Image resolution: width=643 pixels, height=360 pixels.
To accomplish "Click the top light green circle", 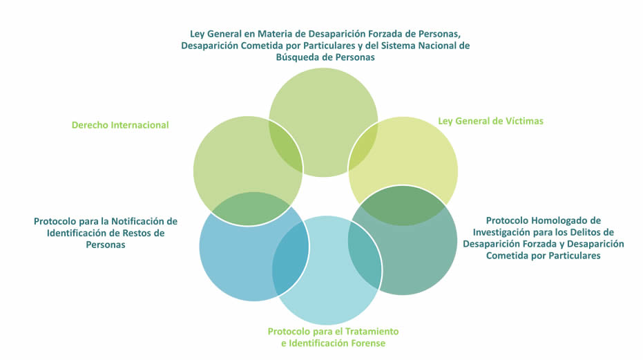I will [x=323, y=104].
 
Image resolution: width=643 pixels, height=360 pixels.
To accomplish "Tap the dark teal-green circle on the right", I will [x=414, y=256].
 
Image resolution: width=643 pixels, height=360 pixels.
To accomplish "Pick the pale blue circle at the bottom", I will [x=332, y=290].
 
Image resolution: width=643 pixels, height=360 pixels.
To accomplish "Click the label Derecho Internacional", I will [x=120, y=125].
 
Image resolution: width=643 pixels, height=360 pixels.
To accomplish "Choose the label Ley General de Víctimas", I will [x=490, y=121].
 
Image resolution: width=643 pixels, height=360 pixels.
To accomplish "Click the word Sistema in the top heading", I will [x=403, y=46].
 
